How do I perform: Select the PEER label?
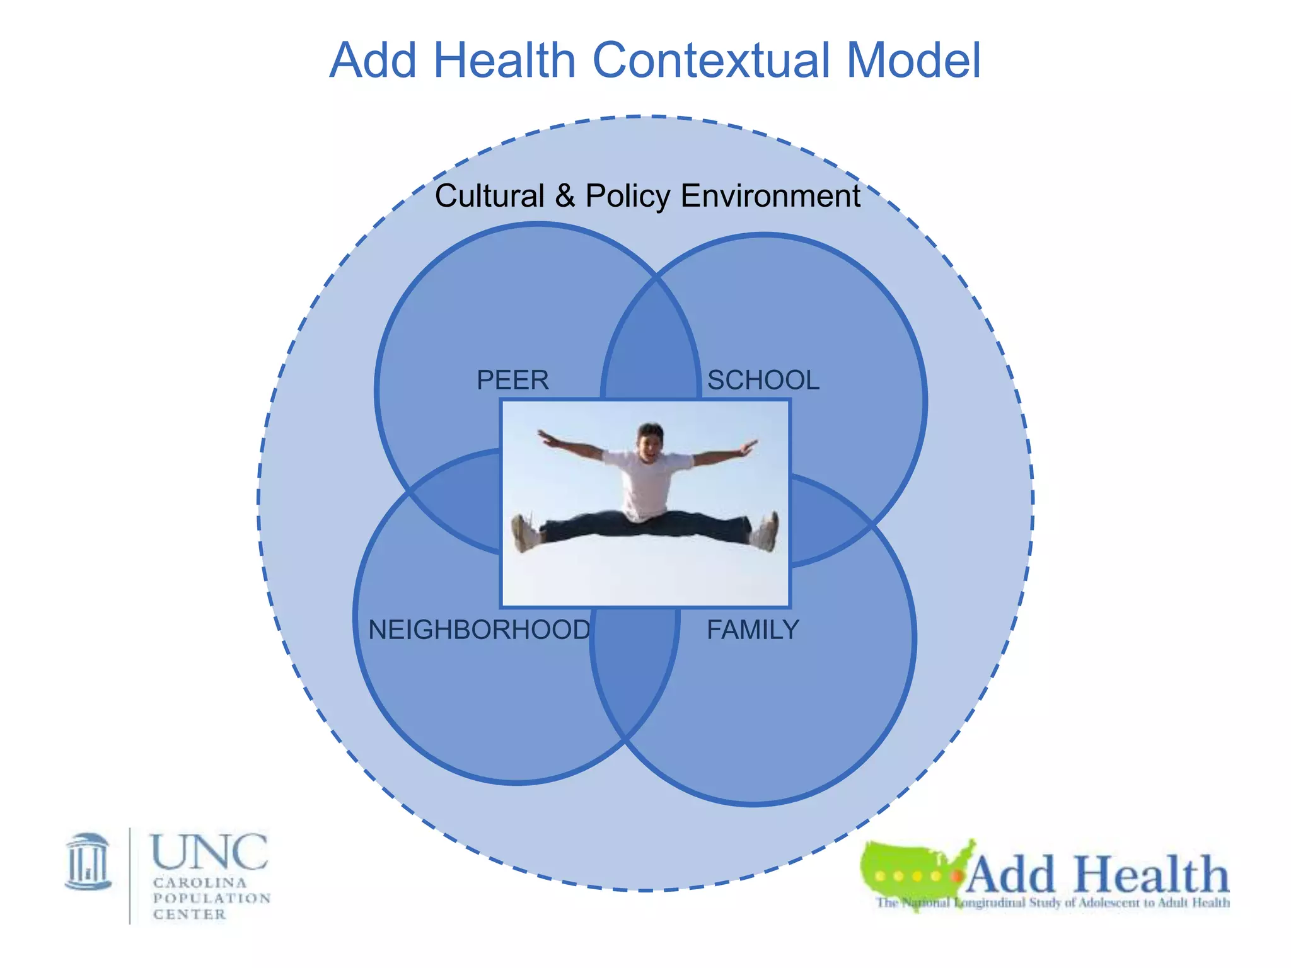[x=512, y=380]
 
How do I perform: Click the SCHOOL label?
[x=763, y=380]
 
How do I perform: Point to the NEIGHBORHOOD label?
[x=479, y=630]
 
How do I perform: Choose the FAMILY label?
[x=753, y=630]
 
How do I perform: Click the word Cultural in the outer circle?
[x=489, y=195]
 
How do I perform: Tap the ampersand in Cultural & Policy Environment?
[x=565, y=196]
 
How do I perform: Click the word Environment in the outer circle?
[x=770, y=195]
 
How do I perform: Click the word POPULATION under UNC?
[x=212, y=898]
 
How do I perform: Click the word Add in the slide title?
[x=373, y=60]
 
